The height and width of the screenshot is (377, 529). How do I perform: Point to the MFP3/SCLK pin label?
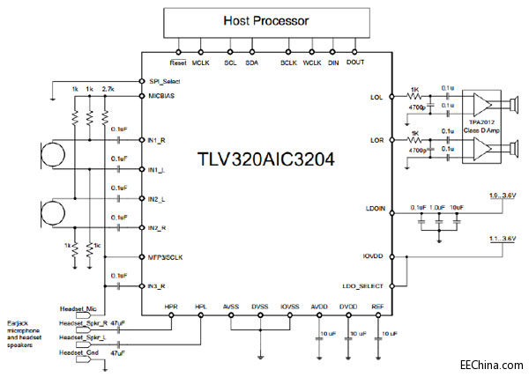coord(169,258)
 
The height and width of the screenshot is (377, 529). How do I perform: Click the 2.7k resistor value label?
coord(108,90)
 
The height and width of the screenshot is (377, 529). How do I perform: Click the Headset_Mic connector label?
coord(78,309)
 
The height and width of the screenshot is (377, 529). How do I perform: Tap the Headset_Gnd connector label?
coord(78,351)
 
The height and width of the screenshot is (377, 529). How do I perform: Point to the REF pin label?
coord(377,308)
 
